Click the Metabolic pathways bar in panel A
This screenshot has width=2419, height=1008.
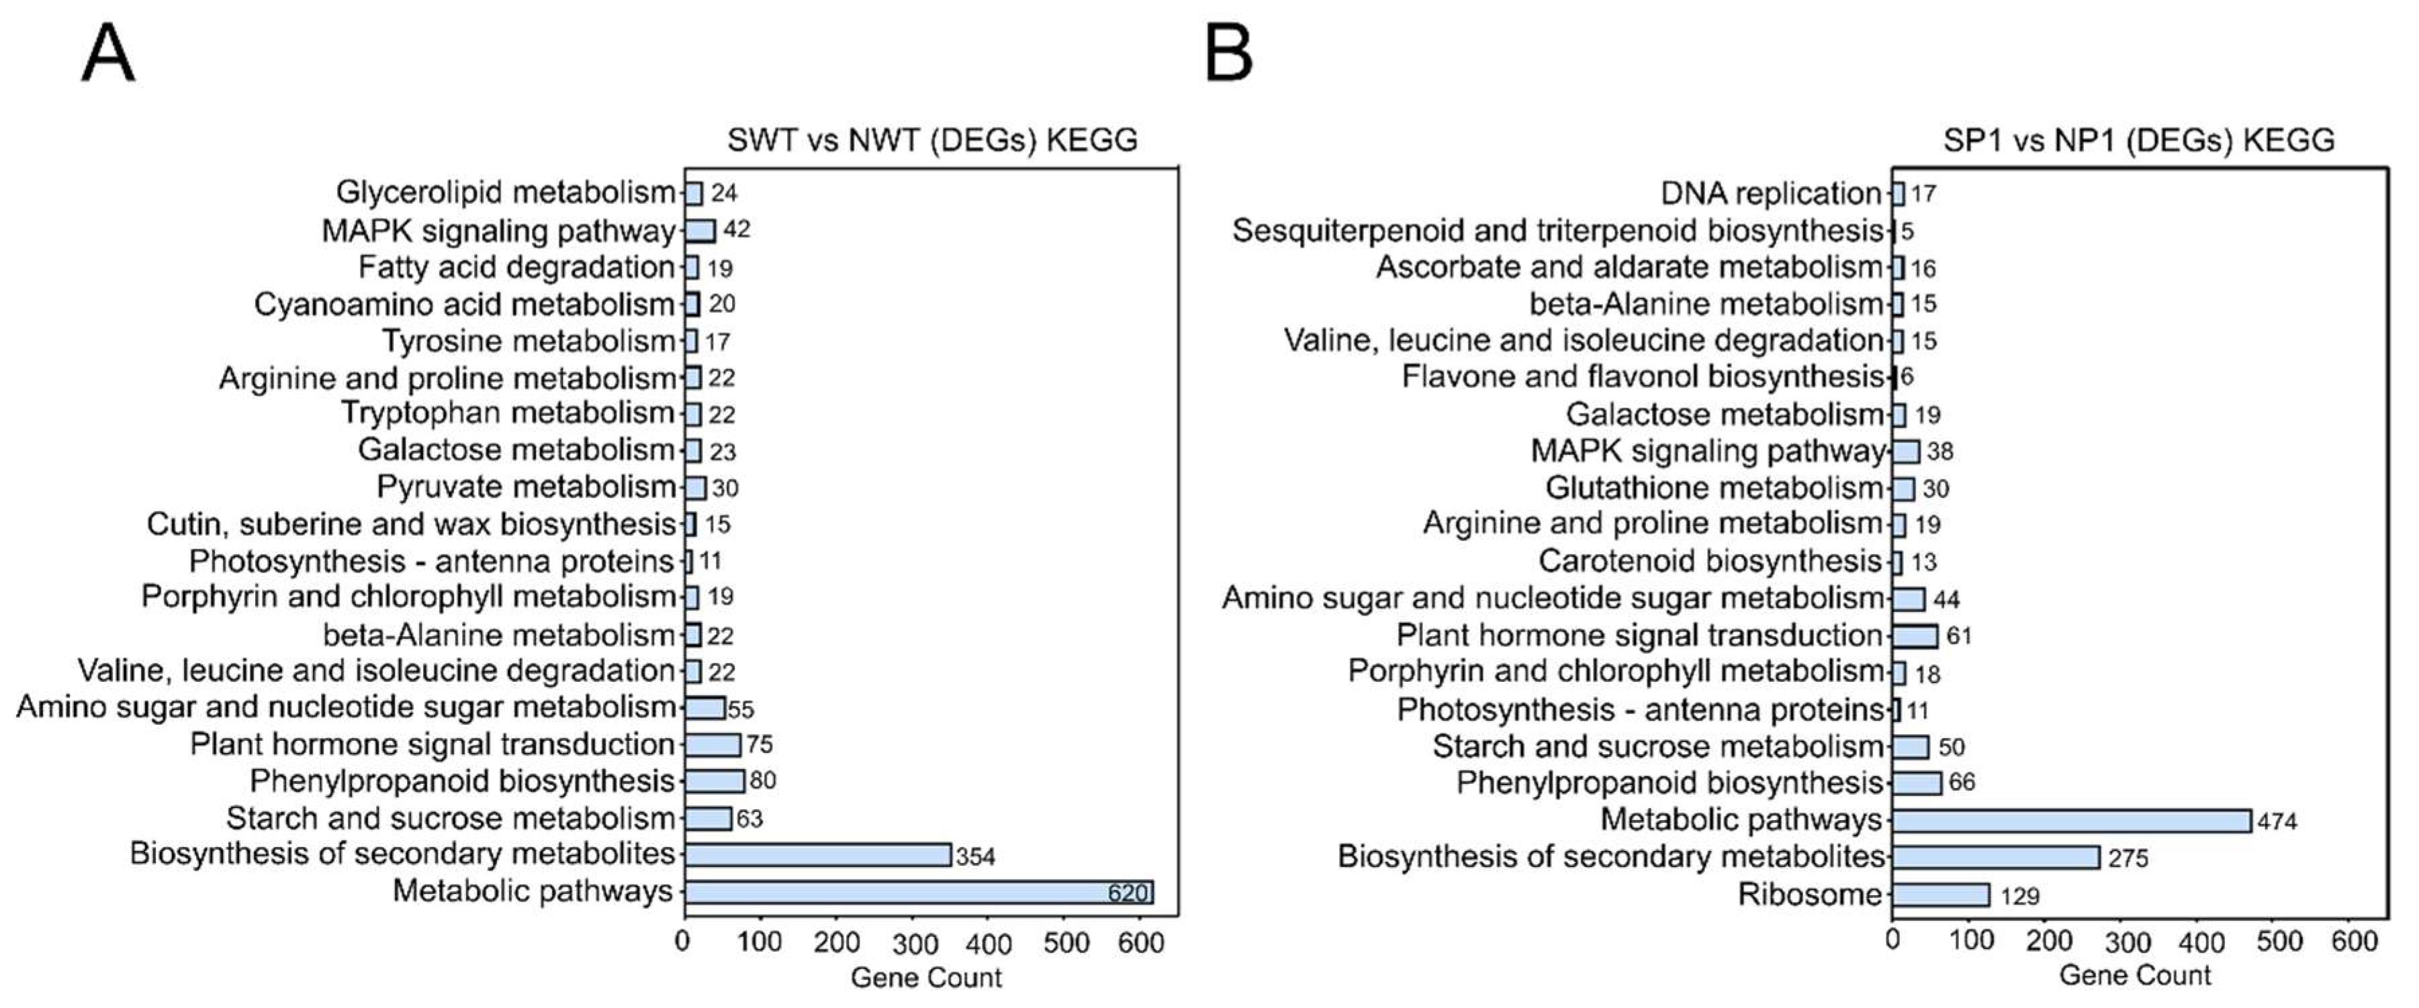(919, 892)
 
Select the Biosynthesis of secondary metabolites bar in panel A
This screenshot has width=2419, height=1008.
(817, 855)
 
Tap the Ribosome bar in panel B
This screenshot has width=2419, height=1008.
(1940, 895)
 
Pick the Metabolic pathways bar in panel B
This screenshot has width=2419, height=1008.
(2070, 820)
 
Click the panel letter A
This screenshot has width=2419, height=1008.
(108, 54)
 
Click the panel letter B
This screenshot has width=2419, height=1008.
(1228, 54)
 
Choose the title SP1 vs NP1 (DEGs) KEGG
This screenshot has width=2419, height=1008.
(2138, 140)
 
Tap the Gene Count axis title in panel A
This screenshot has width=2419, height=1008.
(926, 978)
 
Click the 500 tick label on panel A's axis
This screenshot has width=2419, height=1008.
(1066, 942)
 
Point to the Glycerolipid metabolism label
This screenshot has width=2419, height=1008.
(505, 193)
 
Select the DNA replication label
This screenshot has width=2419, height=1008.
(1771, 193)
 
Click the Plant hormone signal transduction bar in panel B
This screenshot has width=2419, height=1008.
(1915, 636)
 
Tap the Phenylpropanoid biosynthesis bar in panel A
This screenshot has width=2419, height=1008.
(714, 781)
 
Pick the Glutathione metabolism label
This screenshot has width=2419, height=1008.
(1714, 488)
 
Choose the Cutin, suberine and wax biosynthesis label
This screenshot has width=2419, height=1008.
(410, 523)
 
